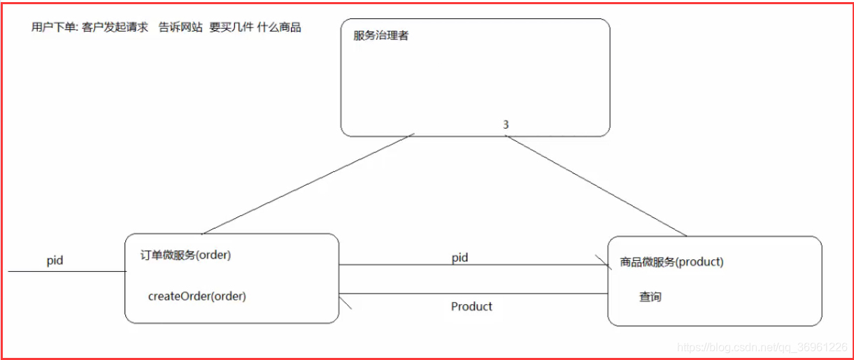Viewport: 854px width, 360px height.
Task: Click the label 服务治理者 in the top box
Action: click(x=381, y=36)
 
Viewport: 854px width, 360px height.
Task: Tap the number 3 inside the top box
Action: click(x=506, y=124)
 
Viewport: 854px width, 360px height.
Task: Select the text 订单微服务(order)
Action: click(x=185, y=255)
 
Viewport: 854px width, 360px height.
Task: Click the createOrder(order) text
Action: click(x=197, y=296)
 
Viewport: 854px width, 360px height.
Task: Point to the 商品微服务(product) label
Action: click(x=671, y=262)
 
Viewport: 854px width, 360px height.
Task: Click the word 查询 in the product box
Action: click(x=650, y=297)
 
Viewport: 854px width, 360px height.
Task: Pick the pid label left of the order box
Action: click(x=55, y=260)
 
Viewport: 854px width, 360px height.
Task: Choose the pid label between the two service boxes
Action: click(x=460, y=258)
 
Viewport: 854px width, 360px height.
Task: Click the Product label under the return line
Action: click(x=471, y=306)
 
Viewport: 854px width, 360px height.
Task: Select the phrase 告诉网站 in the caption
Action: click(x=180, y=27)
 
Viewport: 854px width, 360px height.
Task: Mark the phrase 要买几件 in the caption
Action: click(x=232, y=27)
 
